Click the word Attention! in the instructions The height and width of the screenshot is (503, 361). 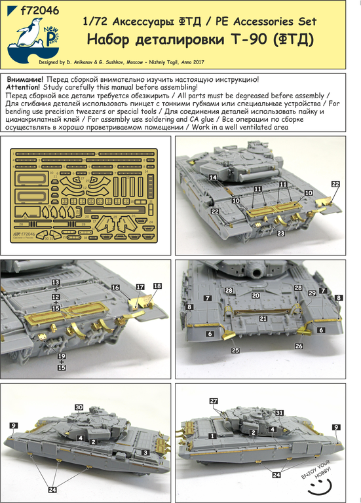(x=25, y=87)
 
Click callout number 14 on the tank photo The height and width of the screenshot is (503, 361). (x=212, y=177)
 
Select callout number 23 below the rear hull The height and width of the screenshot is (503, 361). (x=280, y=233)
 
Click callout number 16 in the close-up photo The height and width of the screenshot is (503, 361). (x=115, y=288)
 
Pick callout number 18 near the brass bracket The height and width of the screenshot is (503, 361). (x=157, y=286)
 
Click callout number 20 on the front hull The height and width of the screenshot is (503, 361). (x=256, y=295)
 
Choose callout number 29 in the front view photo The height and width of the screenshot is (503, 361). (x=312, y=293)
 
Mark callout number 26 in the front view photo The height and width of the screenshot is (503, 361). (x=299, y=345)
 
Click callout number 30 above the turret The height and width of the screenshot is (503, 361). (x=79, y=407)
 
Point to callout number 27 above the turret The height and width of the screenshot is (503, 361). (x=214, y=401)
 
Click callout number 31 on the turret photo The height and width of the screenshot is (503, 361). (x=279, y=412)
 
